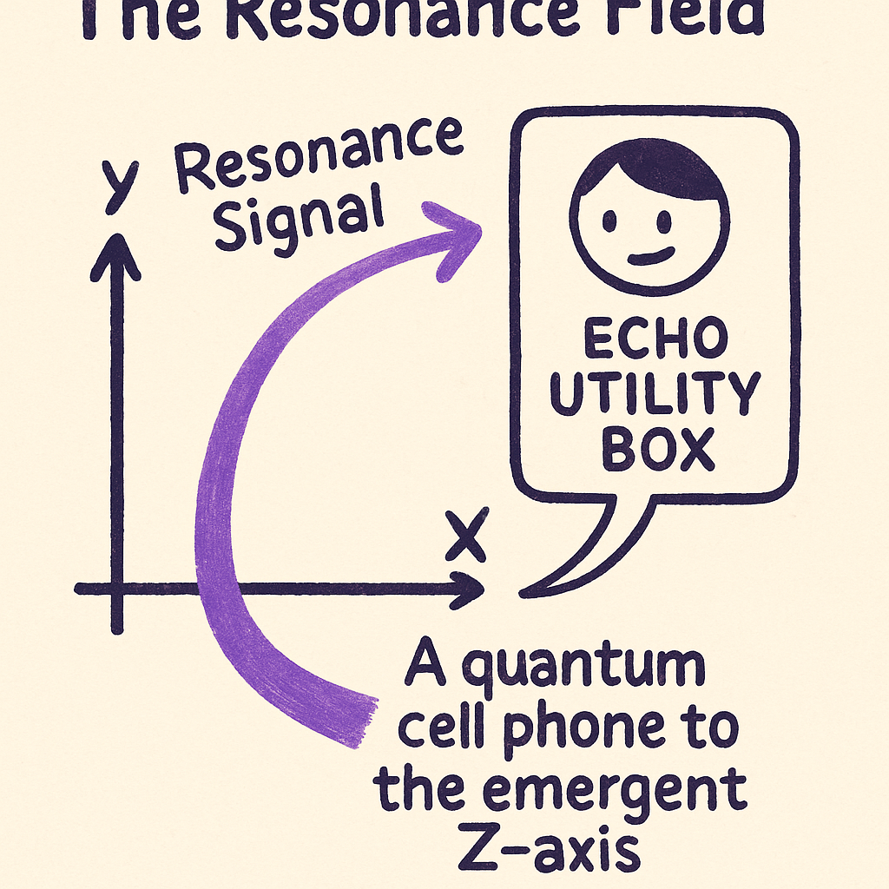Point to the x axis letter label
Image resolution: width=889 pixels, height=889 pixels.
[x=466, y=537]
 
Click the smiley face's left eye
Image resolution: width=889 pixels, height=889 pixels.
[x=609, y=222]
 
